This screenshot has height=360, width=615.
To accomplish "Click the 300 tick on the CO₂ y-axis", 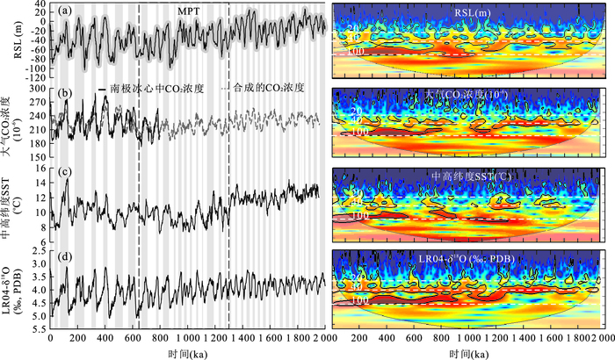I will point(37,89).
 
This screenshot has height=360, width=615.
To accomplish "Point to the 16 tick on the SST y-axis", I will point(40,169).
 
